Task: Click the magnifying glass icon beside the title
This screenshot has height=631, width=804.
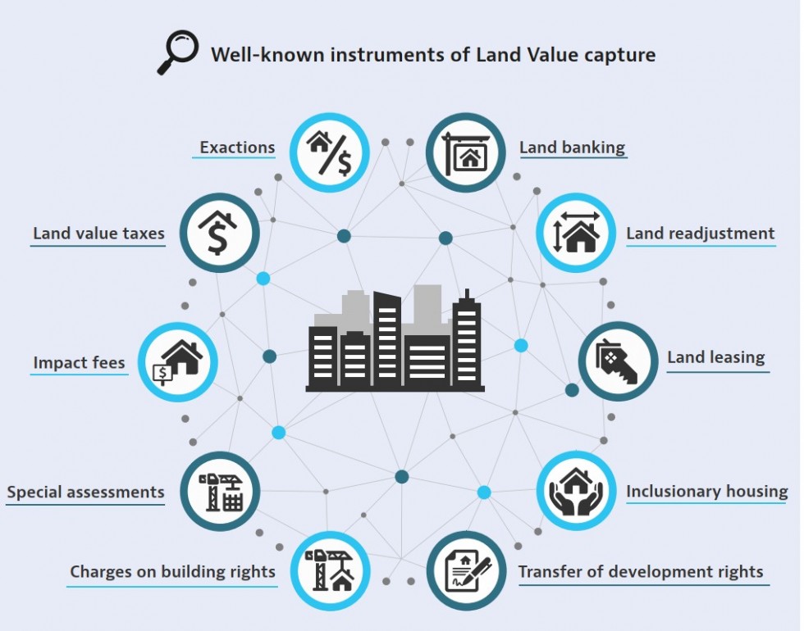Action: [x=177, y=52]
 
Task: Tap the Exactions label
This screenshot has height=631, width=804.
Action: [x=237, y=148]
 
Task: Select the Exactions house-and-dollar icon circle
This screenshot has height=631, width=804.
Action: [x=330, y=152]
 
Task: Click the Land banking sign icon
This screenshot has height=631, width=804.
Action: [x=466, y=152]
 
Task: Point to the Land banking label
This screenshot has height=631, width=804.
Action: [x=573, y=148]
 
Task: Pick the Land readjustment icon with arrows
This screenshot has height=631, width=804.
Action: [x=576, y=233]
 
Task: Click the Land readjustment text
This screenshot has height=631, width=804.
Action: [x=701, y=234]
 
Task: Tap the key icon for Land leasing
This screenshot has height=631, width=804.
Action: [x=618, y=361]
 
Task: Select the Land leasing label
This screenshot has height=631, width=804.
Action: [x=715, y=357]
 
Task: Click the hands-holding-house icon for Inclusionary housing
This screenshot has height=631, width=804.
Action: [x=576, y=491]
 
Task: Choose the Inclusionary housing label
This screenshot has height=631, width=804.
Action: [x=707, y=492]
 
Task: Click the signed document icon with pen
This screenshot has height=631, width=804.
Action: [x=466, y=570]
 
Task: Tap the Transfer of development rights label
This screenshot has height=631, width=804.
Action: [x=641, y=572]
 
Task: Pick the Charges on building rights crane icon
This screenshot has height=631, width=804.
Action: [x=330, y=570]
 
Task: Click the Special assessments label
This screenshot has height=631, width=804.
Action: [x=85, y=493]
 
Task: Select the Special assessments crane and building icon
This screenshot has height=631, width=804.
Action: [x=220, y=491]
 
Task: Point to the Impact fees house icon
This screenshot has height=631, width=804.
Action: [x=178, y=362]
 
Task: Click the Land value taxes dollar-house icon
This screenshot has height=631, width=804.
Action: [x=220, y=233]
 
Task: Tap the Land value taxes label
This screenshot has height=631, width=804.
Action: [x=99, y=234]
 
